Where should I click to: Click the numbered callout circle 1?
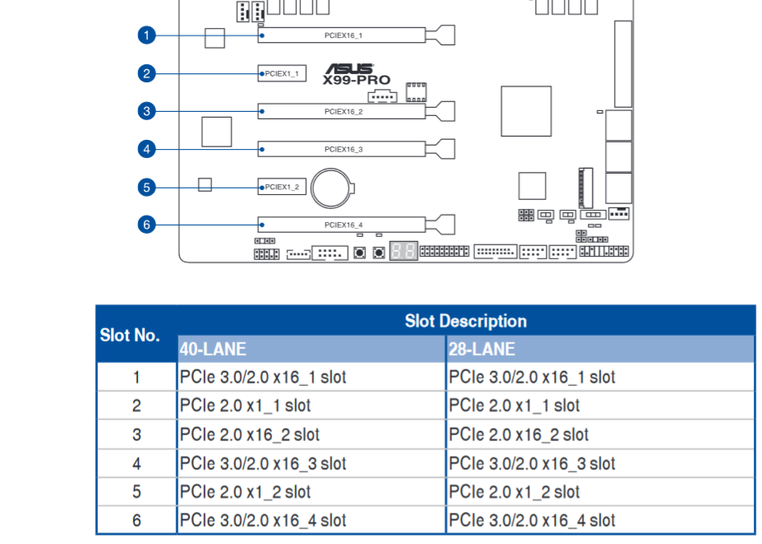point(147,35)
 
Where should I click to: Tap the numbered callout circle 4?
point(147,149)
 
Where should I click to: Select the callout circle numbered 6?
point(147,225)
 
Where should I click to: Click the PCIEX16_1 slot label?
point(344,35)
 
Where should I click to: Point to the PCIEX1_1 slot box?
point(282,73)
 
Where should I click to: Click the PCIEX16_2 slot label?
point(344,111)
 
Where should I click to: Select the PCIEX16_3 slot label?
point(344,150)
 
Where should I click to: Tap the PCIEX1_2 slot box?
point(282,187)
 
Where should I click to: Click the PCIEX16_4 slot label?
point(344,225)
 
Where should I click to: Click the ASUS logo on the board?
point(349,68)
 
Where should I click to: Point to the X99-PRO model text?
point(357,81)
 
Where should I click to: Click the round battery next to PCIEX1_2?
point(332,188)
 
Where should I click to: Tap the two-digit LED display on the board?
point(404,252)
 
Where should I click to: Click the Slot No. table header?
point(130,335)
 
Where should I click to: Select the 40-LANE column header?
point(213,350)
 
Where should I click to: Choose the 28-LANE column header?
point(482,350)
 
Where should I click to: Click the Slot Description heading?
point(465,321)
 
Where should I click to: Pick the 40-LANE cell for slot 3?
point(250,435)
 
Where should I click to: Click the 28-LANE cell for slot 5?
point(514,492)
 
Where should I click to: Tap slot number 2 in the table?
point(136,406)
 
